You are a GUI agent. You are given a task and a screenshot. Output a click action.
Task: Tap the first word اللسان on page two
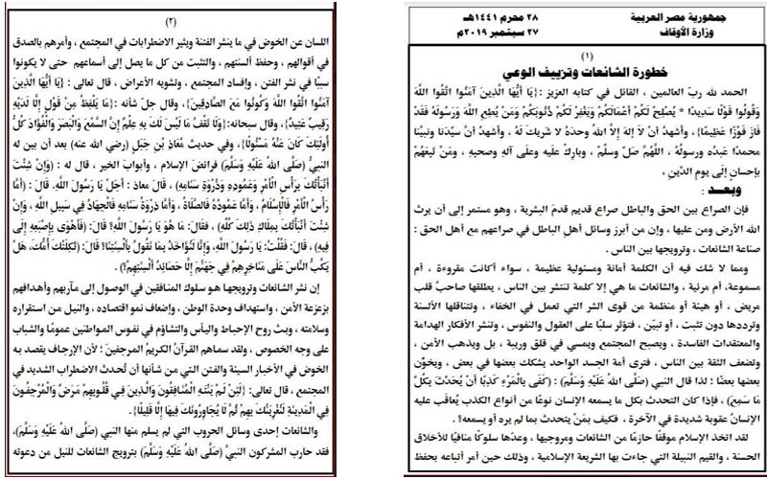[x=355, y=39]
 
